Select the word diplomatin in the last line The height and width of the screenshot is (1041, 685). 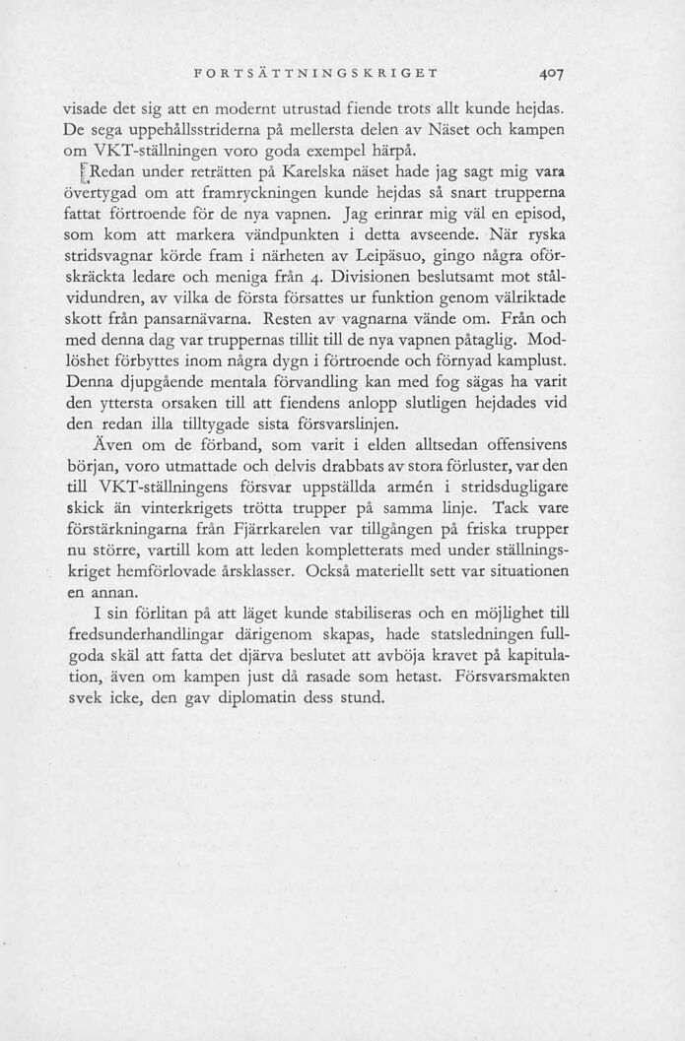[277, 698]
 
